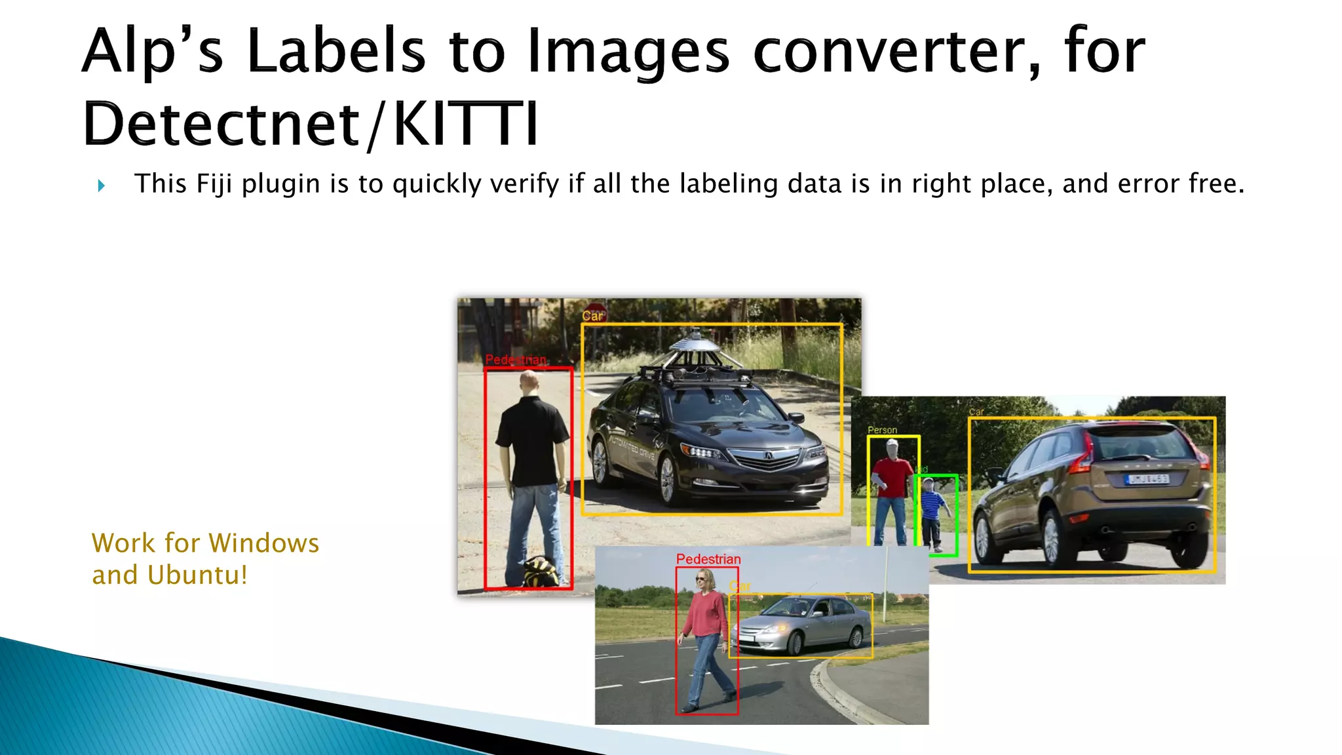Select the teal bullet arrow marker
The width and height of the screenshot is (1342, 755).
coord(101,185)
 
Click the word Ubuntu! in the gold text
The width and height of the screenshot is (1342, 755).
coord(197,575)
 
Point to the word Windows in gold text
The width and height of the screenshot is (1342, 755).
coord(264,543)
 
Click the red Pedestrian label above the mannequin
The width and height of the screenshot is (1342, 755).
coord(516,360)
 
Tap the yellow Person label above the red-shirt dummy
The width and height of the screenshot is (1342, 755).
coord(882,430)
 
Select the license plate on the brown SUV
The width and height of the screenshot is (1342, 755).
coord(1147,479)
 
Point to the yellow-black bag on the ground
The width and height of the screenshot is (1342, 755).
coord(541,571)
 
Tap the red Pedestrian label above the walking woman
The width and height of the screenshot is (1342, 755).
coord(708,559)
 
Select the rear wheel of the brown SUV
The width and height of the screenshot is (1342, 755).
coord(984,537)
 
